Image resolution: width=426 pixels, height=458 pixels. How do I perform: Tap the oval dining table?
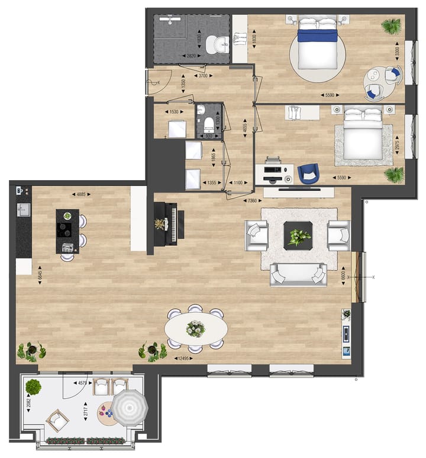point(195,328)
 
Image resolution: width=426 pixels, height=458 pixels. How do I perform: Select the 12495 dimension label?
point(186,358)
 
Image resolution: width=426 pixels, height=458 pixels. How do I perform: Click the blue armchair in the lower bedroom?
point(308,173)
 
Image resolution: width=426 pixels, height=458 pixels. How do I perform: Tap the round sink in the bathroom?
point(221,44)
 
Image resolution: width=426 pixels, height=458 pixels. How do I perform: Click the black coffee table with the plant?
point(298,234)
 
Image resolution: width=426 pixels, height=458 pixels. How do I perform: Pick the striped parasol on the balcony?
point(128,408)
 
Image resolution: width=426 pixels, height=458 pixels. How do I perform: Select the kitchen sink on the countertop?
point(24,209)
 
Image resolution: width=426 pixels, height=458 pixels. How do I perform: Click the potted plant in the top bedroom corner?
point(390,26)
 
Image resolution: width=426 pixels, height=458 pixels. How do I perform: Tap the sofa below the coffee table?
point(299,274)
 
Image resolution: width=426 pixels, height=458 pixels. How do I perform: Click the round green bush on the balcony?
point(34,387)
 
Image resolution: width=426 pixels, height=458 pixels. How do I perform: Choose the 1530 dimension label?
point(174,111)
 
